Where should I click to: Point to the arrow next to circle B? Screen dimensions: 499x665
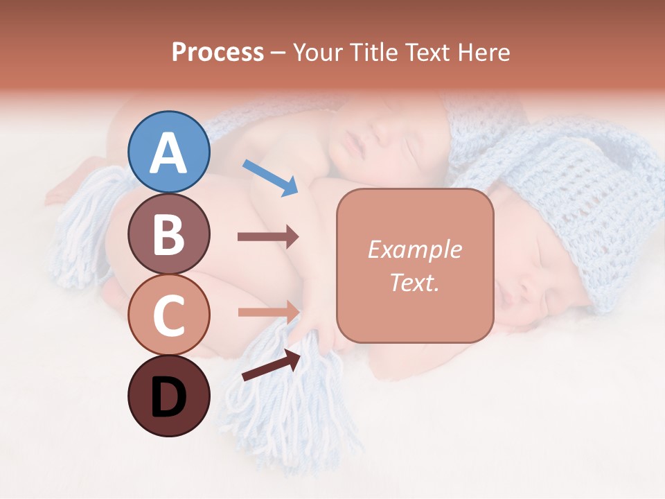coord(267,236)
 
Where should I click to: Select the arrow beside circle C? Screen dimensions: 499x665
coord(267,312)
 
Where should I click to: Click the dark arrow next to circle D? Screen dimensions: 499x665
coord(271,365)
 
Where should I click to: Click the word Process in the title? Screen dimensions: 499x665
coord(218,53)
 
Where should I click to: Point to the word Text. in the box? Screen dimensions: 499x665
coord(414,283)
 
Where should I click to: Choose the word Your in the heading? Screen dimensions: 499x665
coord(318,53)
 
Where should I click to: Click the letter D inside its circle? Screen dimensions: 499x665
coord(168,398)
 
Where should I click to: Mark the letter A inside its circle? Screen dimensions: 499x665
coord(168,153)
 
